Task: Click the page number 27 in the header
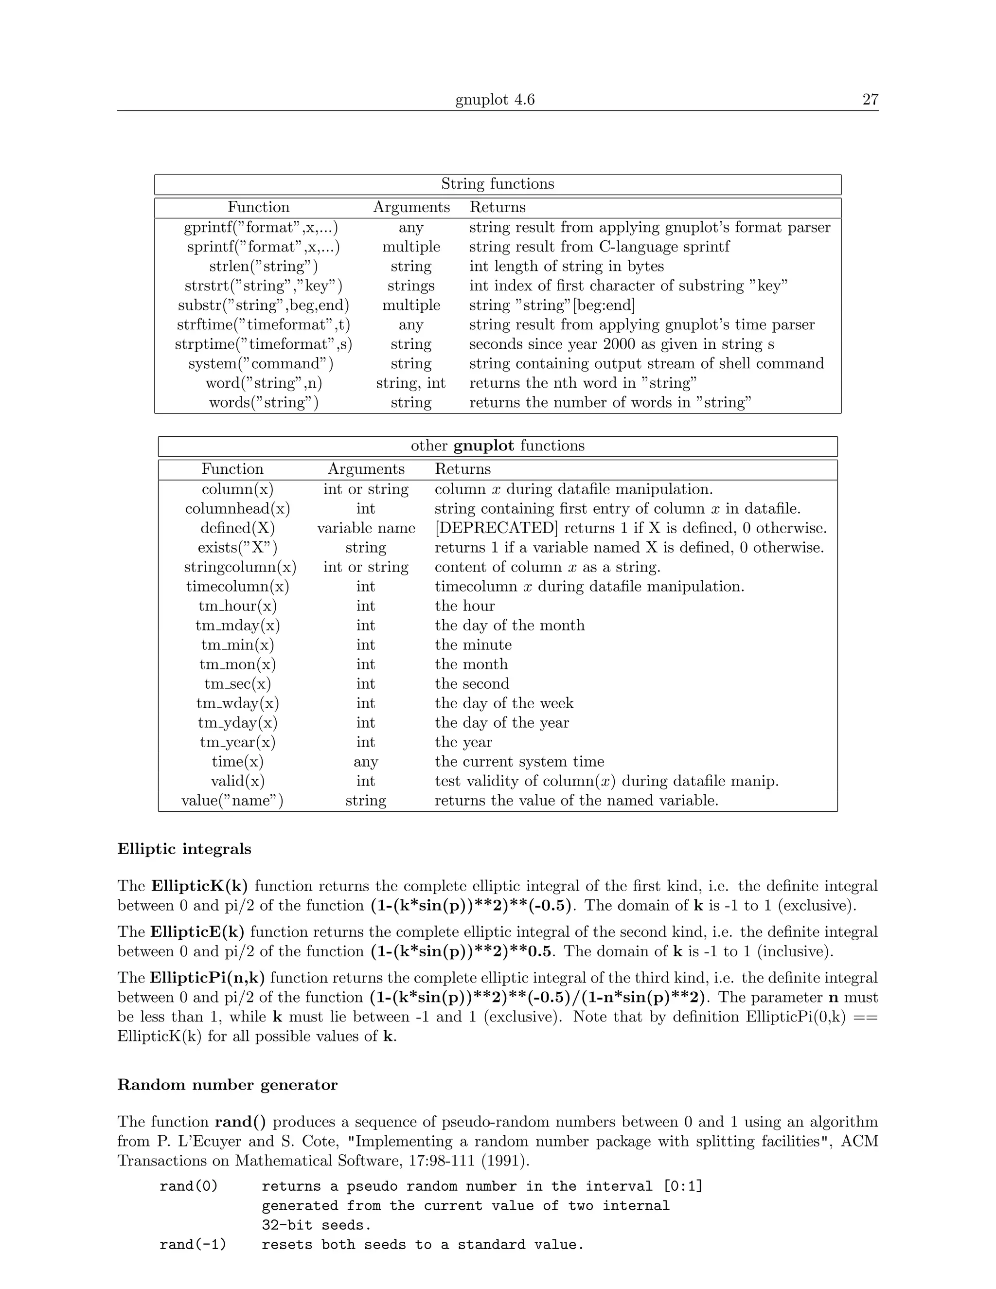870,99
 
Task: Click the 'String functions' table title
498,184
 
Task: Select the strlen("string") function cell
263,266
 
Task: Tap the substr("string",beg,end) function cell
263,305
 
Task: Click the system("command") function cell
261,363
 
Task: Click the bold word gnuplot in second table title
483,446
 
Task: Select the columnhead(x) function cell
237,509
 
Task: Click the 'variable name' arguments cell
366,528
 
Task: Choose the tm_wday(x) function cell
237,703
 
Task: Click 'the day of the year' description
501,723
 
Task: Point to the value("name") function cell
232,801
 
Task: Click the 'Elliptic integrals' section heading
184,849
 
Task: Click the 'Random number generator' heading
227,1085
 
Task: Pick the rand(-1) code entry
193,1245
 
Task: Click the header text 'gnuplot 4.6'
495,99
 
